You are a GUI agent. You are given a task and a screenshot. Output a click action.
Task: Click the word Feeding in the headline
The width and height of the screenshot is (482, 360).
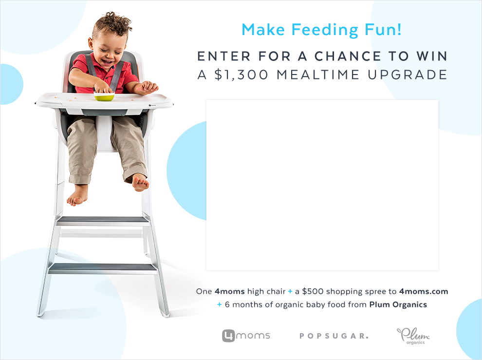tap(325, 30)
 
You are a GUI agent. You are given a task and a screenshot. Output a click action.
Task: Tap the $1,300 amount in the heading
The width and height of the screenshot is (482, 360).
tap(241, 75)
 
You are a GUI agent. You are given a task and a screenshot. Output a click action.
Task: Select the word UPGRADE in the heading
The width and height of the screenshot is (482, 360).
tap(408, 75)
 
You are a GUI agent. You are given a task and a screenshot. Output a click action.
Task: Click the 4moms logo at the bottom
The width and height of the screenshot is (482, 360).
tap(246, 336)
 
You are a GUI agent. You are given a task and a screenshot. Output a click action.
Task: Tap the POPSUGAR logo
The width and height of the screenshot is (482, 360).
tap(334, 336)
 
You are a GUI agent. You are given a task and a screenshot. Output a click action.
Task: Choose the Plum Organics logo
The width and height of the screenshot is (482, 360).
tap(413, 336)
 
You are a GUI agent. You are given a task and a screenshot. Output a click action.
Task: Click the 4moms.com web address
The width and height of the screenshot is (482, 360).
tap(424, 291)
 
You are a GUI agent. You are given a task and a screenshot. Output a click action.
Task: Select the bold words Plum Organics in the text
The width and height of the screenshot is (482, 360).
tap(398, 304)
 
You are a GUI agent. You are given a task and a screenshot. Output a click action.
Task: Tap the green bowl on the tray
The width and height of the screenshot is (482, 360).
tap(104, 96)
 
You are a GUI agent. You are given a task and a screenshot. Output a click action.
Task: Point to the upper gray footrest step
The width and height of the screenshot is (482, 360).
tap(102, 220)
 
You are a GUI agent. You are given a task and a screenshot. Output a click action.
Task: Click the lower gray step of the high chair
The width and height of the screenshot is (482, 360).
tap(103, 268)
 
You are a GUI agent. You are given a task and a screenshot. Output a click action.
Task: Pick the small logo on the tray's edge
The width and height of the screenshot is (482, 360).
tap(152, 105)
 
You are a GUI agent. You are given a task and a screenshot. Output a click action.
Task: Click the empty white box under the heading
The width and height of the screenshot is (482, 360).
tap(322, 185)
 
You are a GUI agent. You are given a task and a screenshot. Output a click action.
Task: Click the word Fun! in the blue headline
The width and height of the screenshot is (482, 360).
tap(383, 30)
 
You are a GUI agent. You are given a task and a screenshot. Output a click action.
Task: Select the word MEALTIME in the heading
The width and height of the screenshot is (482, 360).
tap(318, 75)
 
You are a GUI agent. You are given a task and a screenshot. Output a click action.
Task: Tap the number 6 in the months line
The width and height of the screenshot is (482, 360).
tap(227, 304)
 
